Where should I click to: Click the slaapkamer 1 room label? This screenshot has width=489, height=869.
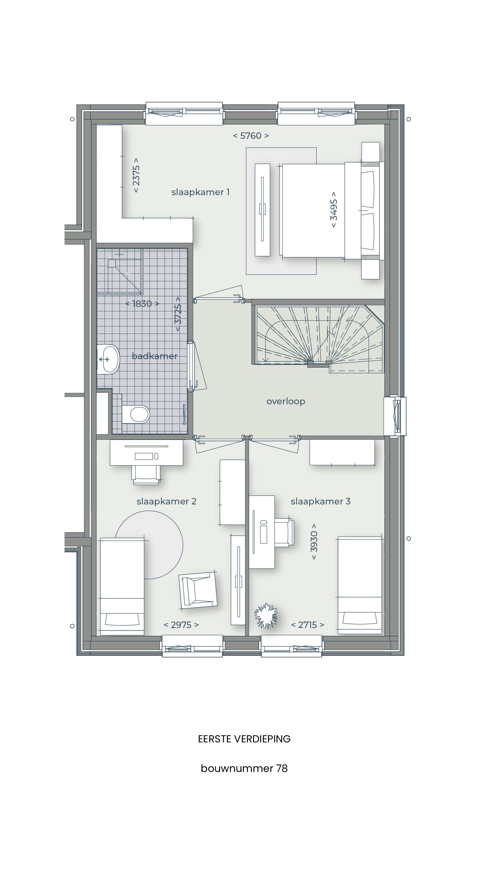[x=200, y=192]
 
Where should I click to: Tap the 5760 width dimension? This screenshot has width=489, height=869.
[x=251, y=136]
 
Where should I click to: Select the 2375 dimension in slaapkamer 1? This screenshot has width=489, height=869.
[x=136, y=175]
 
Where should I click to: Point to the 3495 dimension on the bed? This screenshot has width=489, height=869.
[x=333, y=209]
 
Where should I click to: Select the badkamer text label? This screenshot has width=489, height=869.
[x=155, y=356]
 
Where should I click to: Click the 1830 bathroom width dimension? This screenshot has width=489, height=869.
[x=142, y=304]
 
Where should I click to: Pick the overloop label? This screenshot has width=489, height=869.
[x=286, y=401]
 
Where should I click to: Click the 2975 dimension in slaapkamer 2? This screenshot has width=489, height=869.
[x=181, y=625]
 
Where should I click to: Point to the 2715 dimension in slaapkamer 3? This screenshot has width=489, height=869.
[x=307, y=625]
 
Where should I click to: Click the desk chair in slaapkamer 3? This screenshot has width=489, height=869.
[x=284, y=533]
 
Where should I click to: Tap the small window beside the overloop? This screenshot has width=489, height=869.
[x=395, y=416]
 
